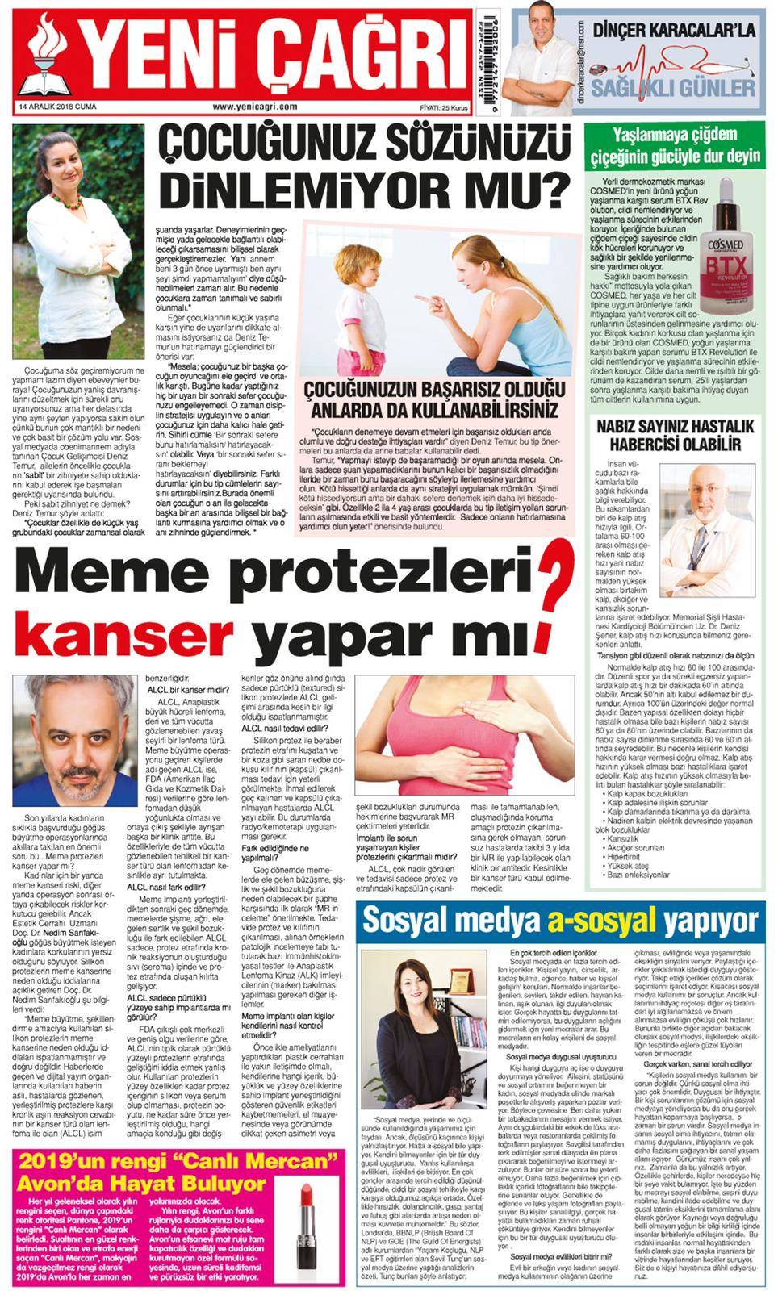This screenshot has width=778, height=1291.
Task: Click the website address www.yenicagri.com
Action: [x=255, y=106]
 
